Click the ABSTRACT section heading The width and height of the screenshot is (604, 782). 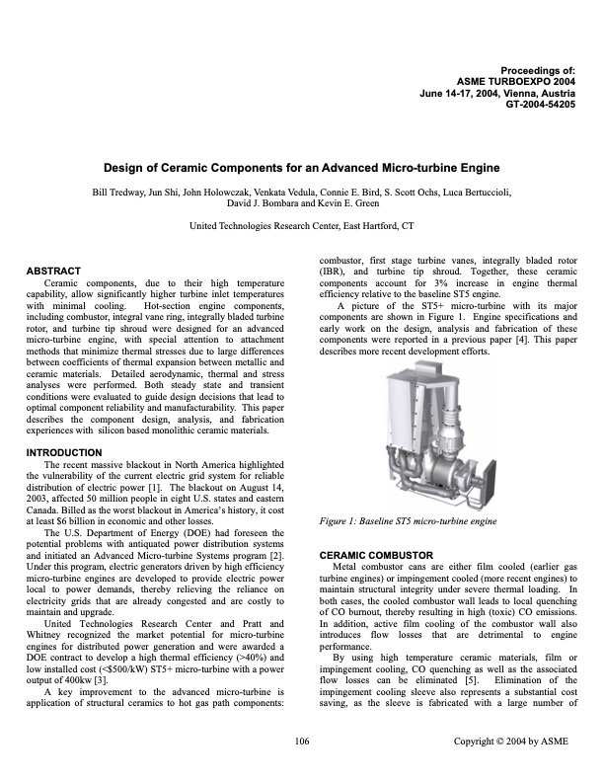coord(54,270)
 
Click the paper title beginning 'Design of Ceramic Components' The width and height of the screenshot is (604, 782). coord(302,168)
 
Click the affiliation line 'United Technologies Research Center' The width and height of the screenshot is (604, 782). coord(302,226)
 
